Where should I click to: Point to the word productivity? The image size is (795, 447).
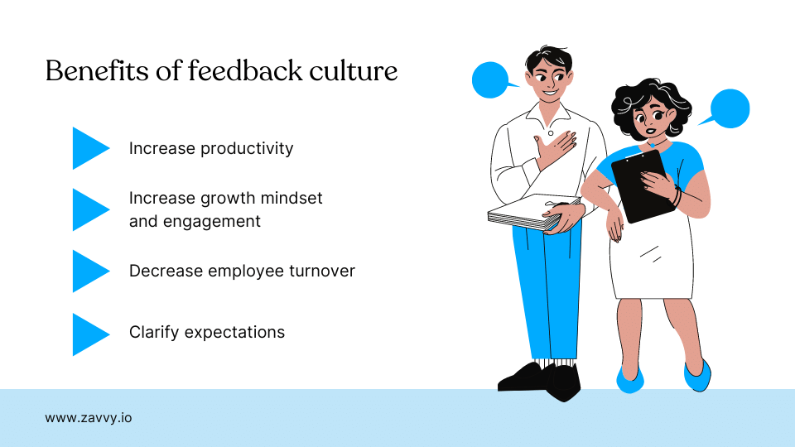(251, 149)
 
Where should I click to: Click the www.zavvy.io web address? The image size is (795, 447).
(88, 418)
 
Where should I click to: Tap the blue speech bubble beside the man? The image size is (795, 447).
(490, 80)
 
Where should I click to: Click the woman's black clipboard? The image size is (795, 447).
(643, 185)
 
